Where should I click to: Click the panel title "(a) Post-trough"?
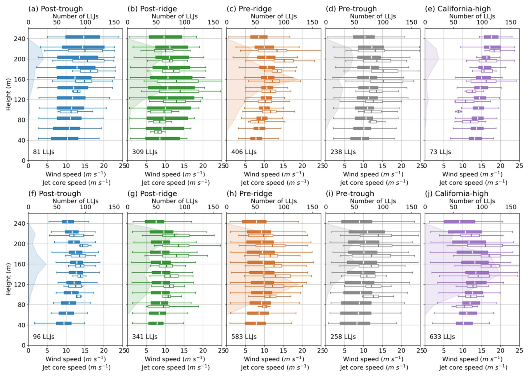(55, 9)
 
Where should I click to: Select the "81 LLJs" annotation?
(44, 152)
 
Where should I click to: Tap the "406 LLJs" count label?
(244, 152)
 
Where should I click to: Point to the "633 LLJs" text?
(442, 337)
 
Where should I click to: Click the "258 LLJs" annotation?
(343, 337)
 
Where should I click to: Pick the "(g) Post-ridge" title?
(152, 193)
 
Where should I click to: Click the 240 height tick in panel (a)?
(20, 39)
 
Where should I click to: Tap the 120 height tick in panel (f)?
(20, 285)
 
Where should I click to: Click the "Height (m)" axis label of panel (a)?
(8, 94)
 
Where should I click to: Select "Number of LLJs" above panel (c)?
(274, 16)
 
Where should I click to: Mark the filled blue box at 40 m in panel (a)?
(65, 138)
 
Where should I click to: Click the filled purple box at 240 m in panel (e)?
(491, 37)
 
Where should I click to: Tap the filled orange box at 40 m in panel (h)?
(255, 323)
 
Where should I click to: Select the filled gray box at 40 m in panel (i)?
(355, 323)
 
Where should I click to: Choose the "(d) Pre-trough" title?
(351, 9)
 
